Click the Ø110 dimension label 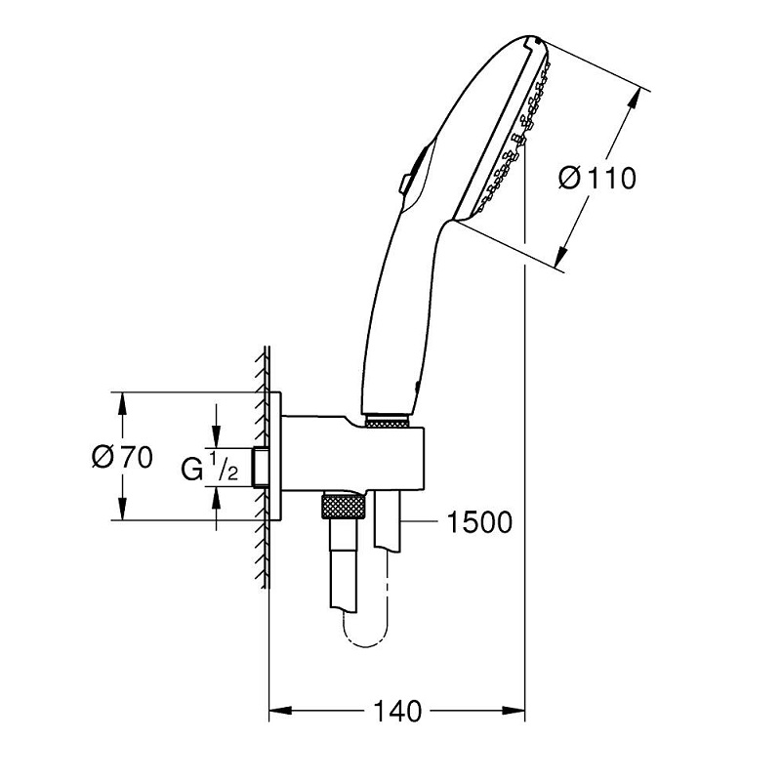point(596,178)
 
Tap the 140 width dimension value point(396,711)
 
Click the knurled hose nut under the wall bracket point(345,508)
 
